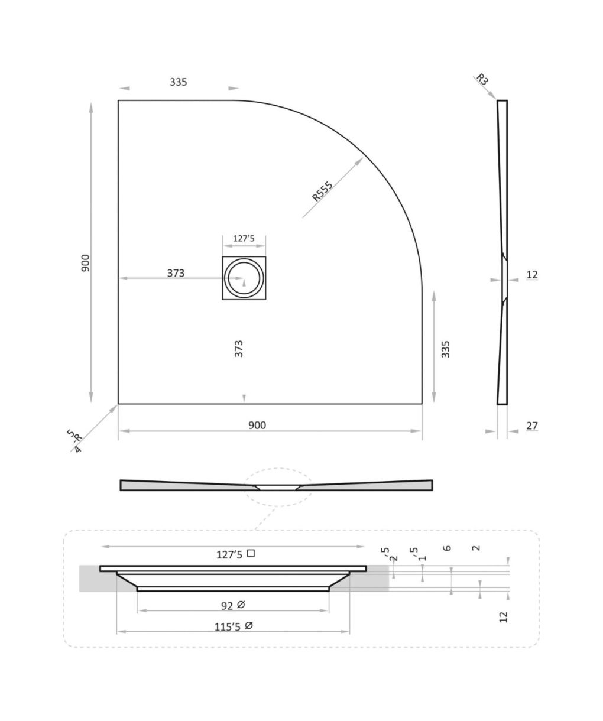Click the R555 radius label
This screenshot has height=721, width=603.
coord(322,191)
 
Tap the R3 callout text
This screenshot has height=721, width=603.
coord(482,79)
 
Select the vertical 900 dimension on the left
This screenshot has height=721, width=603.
coord(85,263)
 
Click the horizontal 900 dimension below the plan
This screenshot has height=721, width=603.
coord(257,425)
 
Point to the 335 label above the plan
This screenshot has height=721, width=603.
coord(178,82)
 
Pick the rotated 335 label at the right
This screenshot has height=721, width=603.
coord(446,349)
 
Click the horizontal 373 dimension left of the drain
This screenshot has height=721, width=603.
coord(176,273)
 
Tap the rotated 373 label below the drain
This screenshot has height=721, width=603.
coord(239,349)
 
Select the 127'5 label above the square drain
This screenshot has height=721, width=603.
coord(244,238)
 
